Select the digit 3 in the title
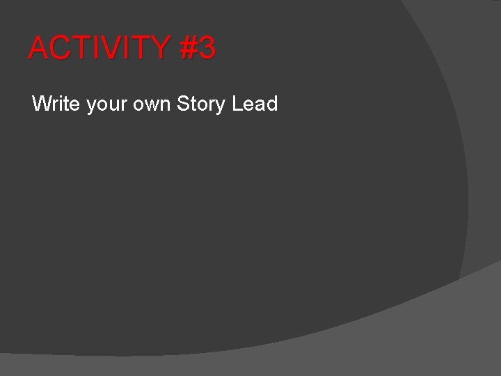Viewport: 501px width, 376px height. point(207,48)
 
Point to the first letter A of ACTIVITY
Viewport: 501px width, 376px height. point(38,48)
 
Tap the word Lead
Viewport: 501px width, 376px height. point(255,104)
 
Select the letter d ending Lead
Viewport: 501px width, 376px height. point(272,104)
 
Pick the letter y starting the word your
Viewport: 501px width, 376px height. point(91,107)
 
